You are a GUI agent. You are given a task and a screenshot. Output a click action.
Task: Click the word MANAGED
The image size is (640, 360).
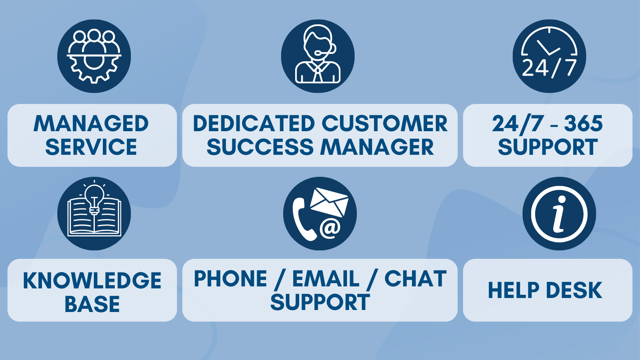[x=91, y=124]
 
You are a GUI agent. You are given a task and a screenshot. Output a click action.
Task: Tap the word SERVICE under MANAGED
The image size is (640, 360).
[x=91, y=147]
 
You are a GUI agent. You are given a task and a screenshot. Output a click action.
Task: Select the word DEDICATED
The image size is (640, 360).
[x=254, y=124]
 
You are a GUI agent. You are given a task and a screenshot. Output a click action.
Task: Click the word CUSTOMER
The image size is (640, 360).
[x=384, y=124]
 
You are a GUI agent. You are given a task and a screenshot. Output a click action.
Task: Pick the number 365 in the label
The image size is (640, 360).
[x=584, y=124]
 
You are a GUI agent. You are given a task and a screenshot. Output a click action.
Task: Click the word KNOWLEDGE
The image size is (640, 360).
[x=92, y=280]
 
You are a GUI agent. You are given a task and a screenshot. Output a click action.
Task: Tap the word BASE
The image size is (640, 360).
[x=92, y=304]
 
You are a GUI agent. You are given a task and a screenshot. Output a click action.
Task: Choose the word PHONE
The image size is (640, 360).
[x=230, y=278]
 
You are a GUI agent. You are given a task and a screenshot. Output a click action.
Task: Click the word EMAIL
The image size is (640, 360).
[x=326, y=278]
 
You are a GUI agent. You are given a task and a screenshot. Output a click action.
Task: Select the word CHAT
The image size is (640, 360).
[x=416, y=278]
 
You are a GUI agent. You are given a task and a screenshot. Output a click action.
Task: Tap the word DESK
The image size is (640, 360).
[x=574, y=290]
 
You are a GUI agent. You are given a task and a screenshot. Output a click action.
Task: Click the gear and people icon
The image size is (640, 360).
[x=94, y=56]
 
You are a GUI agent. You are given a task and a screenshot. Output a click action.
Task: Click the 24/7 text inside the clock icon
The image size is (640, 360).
[x=549, y=68]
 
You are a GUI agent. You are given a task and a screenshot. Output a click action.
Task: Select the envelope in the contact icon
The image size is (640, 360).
[x=329, y=202]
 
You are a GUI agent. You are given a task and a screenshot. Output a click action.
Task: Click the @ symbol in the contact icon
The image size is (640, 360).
[x=330, y=228]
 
